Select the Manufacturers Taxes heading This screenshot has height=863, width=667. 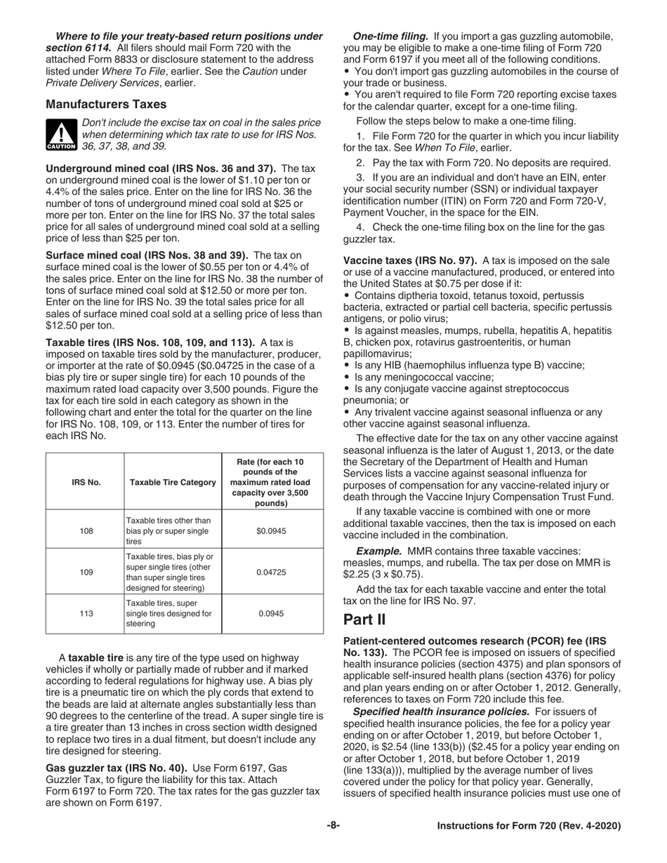pyautogui.click(x=106, y=104)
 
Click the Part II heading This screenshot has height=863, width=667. pyautogui.click(x=365, y=620)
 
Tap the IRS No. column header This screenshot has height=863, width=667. pyautogui.click(x=86, y=482)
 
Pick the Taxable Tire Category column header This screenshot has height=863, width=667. pyautogui.click(x=172, y=482)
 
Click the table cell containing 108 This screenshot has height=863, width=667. pyautogui.click(x=86, y=530)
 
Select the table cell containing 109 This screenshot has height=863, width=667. pyautogui.click(x=86, y=572)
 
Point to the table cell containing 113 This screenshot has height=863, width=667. pyautogui.click(x=86, y=613)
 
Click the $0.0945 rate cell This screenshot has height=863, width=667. pyautogui.click(x=272, y=530)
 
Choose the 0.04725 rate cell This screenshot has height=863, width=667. pyautogui.click(x=272, y=572)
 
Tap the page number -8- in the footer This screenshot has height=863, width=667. pyautogui.click(x=333, y=826)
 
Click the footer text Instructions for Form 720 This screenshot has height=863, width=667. pyautogui.click(x=529, y=826)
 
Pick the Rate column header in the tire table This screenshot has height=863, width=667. pyautogui.click(x=272, y=482)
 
